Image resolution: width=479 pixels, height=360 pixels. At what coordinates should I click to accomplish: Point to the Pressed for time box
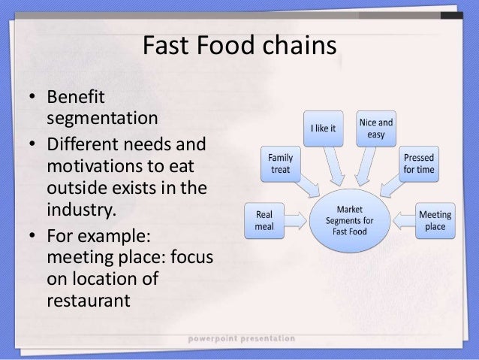click(419, 165)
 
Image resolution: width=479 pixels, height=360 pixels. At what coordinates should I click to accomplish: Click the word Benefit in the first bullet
click(76, 98)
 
